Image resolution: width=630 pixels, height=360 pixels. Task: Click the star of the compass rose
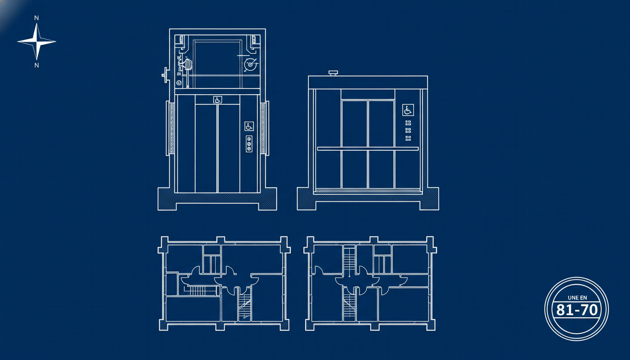(x=37, y=42)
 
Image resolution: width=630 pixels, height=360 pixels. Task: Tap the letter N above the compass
(x=36, y=18)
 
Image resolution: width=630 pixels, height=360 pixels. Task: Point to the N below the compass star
(x=37, y=65)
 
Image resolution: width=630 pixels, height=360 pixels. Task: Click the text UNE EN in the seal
(x=577, y=298)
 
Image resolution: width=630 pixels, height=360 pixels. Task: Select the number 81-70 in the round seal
(x=577, y=310)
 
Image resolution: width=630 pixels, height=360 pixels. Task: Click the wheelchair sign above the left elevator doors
(x=217, y=99)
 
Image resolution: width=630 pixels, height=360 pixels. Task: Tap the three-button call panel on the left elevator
(x=249, y=144)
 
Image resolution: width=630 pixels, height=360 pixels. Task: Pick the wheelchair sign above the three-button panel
(x=249, y=126)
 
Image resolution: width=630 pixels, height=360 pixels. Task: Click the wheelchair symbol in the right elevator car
(x=408, y=110)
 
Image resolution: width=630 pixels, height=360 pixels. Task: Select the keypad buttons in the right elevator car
(x=408, y=130)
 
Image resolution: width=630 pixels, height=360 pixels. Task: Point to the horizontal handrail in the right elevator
(x=368, y=149)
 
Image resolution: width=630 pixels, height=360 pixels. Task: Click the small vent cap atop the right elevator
(x=333, y=73)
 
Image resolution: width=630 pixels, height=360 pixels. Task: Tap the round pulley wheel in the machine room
(x=250, y=65)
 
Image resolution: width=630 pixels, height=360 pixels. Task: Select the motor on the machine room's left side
(x=187, y=65)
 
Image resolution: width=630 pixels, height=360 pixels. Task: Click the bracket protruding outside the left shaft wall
(x=165, y=75)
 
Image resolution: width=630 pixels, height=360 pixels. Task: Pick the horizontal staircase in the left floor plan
(x=202, y=291)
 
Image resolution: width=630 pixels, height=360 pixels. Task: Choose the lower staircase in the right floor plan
(x=349, y=304)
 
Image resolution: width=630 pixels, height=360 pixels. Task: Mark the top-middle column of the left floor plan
(x=220, y=241)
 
